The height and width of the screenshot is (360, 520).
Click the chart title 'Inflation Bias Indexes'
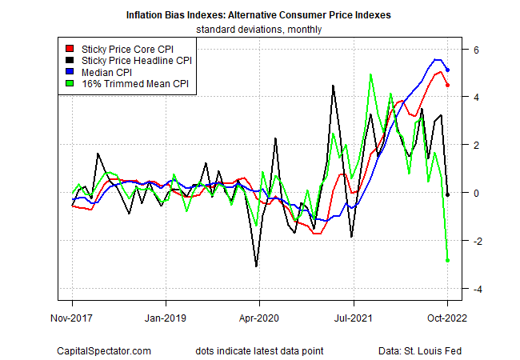(259, 15)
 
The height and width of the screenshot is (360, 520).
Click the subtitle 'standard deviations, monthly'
(259, 30)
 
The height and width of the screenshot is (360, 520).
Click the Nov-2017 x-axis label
(72, 317)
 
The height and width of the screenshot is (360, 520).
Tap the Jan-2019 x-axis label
(166, 317)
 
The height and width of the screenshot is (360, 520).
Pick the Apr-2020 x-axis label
(259, 317)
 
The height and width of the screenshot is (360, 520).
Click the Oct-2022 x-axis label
(447, 317)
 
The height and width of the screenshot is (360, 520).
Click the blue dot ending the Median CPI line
(447, 70)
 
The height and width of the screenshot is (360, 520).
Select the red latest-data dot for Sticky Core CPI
(447, 86)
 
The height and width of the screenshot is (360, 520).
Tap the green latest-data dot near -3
(447, 260)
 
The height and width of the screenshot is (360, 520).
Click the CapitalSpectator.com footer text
(104, 351)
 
